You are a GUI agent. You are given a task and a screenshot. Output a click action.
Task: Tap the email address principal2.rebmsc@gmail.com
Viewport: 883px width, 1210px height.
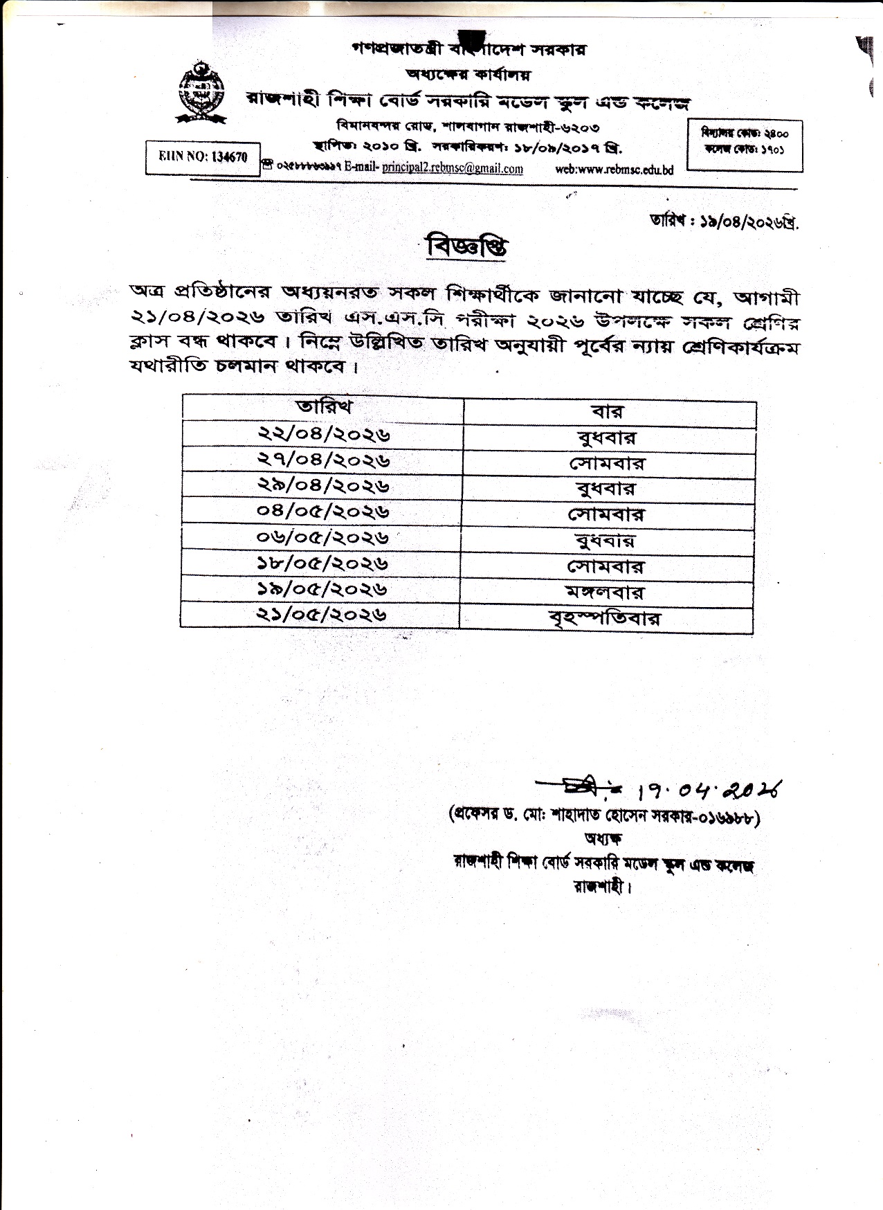click(453, 168)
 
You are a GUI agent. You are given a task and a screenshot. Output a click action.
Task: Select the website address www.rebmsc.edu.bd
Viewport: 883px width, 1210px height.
click(615, 170)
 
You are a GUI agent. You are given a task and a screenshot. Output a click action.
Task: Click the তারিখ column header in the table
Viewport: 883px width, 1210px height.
click(324, 406)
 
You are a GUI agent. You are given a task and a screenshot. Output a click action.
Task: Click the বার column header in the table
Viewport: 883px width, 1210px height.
click(608, 412)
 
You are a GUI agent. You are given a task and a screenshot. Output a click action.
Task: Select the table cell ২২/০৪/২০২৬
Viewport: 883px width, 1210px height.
click(324, 433)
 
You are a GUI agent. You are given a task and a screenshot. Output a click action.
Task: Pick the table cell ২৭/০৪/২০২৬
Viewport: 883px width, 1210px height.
click(324, 459)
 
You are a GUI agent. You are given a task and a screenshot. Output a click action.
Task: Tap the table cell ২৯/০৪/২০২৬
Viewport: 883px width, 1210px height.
click(324, 485)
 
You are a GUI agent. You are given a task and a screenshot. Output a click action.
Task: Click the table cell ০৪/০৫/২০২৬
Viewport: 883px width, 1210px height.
click(322, 512)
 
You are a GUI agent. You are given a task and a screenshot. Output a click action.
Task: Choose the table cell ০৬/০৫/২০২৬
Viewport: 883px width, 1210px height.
click(322, 537)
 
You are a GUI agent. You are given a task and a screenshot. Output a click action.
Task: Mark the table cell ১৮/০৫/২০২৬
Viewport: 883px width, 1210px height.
click(322, 563)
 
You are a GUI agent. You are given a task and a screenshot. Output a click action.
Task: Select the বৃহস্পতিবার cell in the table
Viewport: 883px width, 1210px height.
click(605, 619)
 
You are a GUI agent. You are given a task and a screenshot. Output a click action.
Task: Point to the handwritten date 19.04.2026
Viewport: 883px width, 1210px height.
click(713, 789)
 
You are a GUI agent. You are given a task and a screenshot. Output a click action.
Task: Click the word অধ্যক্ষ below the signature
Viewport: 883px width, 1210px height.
click(603, 839)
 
